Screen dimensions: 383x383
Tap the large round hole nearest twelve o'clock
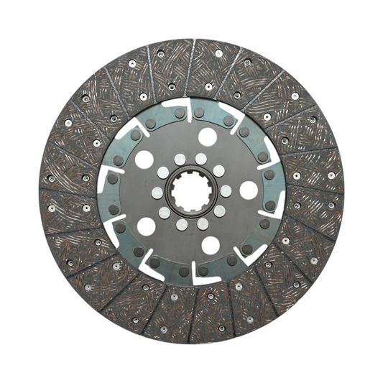[208, 137]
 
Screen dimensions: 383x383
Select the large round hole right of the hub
[249, 190]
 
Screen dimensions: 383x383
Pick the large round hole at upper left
[144, 160]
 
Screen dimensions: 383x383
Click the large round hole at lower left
[146, 226]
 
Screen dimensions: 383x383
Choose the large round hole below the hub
[211, 245]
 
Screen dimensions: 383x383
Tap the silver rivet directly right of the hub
[226, 191]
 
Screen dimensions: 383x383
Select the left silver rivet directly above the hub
[180, 160]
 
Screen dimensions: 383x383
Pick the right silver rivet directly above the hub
[200, 159]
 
